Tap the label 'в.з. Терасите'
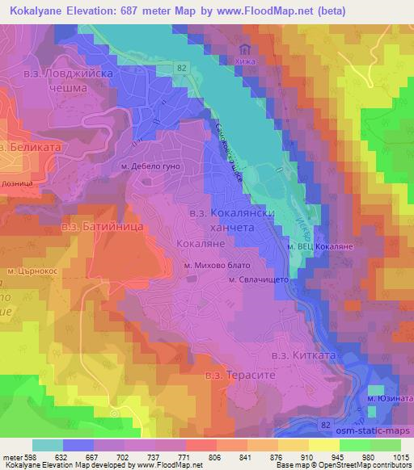[234, 376]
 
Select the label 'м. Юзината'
[387, 398]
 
